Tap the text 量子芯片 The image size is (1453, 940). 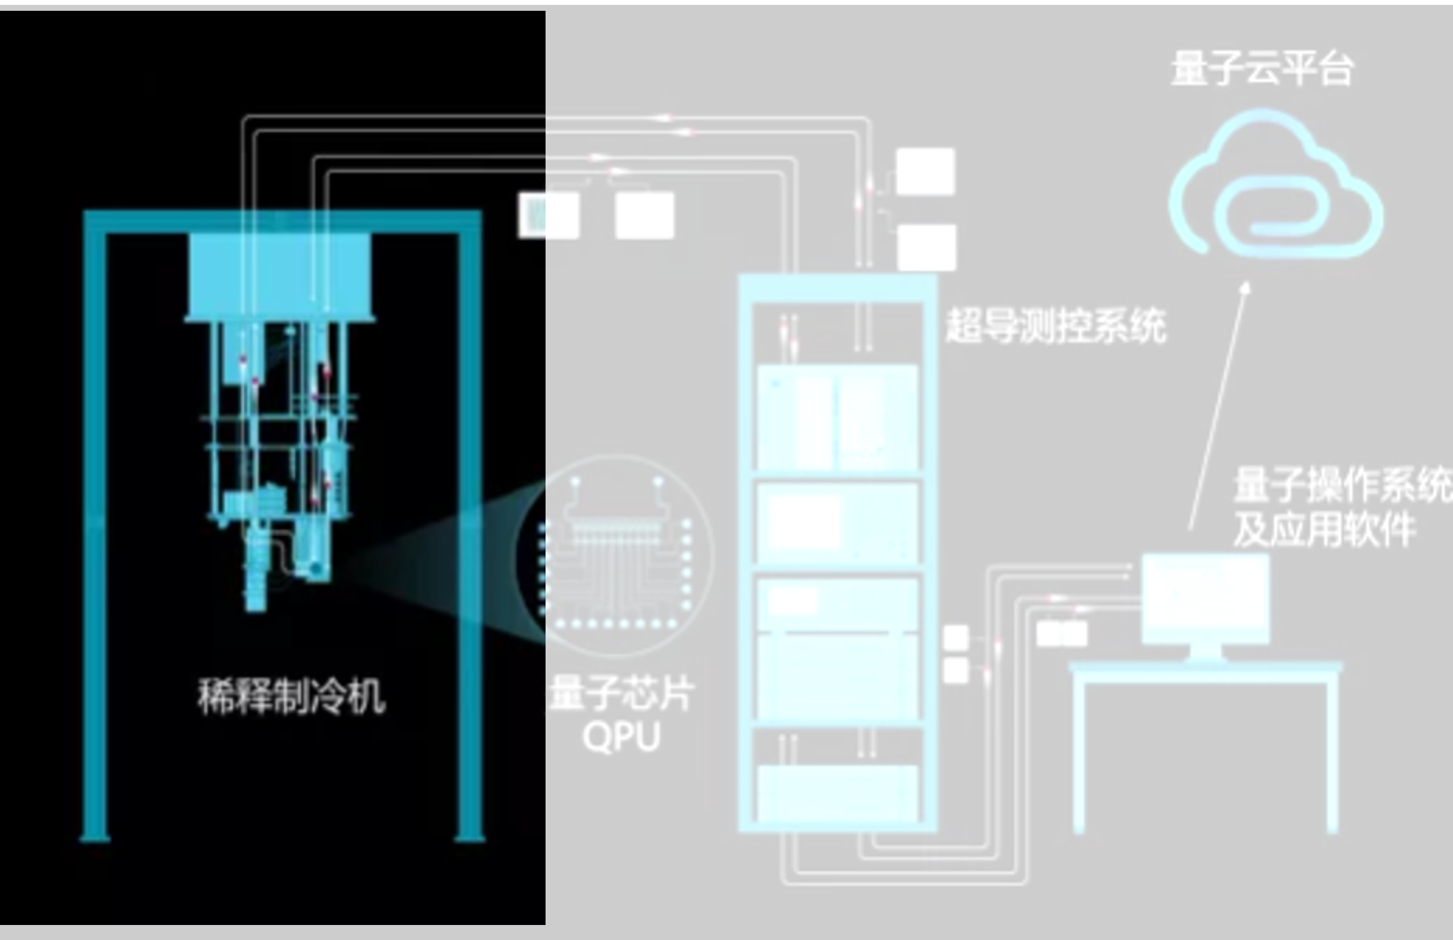pyautogui.click(x=621, y=694)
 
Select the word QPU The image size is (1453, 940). pyautogui.click(x=621, y=737)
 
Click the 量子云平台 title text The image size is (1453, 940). pyautogui.click(x=1262, y=68)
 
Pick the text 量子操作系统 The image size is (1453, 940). pyautogui.click(x=1343, y=485)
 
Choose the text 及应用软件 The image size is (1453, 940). pyautogui.click(x=1324, y=529)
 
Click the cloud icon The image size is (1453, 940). pyautogui.click(x=1275, y=189)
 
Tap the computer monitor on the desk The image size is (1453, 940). pyautogui.click(x=1205, y=598)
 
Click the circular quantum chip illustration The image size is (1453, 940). pyautogui.click(x=615, y=555)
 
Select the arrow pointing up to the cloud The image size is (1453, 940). pyautogui.click(x=1218, y=406)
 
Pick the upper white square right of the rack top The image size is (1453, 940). pyautogui.click(x=925, y=172)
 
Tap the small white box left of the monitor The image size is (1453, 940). pyautogui.click(x=1062, y=634)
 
